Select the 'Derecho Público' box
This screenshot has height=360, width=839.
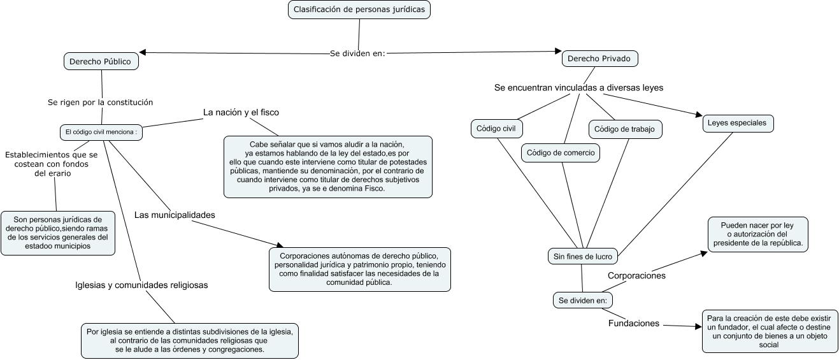(101, 61)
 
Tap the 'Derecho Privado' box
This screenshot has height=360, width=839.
(599, 59)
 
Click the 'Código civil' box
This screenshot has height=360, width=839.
(496, 129)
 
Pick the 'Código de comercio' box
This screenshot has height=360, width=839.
(561, 153)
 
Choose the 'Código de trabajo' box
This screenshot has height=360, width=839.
(624, 129)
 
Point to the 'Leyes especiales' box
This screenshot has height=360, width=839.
(738, 123)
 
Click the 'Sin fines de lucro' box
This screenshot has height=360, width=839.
(582, 257)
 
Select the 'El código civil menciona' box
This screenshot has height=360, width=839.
(101, 133)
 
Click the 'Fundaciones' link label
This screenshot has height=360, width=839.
(633, 323)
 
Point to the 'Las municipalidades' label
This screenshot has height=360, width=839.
(175, 215)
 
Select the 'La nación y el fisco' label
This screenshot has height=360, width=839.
(241, 112)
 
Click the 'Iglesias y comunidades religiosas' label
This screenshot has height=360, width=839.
(141, 285)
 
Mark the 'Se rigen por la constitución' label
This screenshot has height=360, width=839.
(101, 102)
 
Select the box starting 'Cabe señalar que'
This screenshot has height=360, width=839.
(327, 166)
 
